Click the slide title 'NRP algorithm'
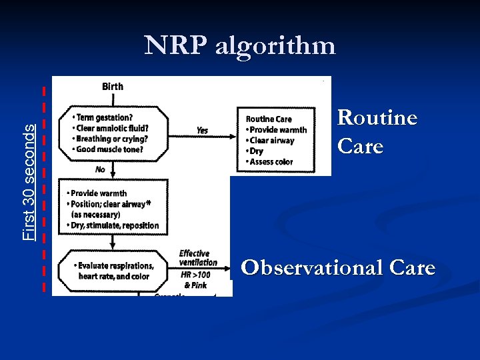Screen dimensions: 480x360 coord(240,46)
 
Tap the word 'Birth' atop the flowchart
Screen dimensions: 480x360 coord(112,87)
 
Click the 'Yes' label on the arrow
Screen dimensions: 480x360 coord(202,131)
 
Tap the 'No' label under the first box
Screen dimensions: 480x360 coord(100,169)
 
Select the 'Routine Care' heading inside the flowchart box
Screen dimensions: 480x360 coord(269,119)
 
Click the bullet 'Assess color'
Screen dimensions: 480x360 coord(271,162)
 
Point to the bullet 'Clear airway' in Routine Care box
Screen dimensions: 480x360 coord(272,141)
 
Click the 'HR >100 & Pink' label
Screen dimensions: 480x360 coord(195,280)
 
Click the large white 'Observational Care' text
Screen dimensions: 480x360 coord(338,268)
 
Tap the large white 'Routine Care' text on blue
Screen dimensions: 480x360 coord(377,131)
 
